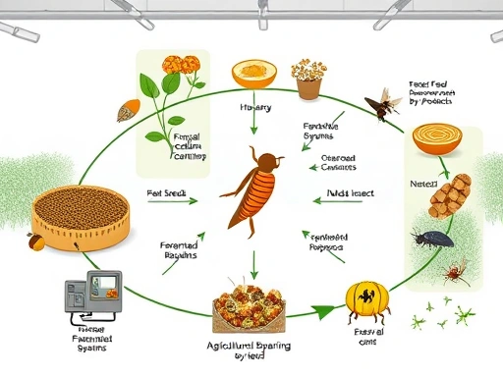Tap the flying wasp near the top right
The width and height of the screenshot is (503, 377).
(381, 100)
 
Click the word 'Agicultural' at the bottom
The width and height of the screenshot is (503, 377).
(239, 347)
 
